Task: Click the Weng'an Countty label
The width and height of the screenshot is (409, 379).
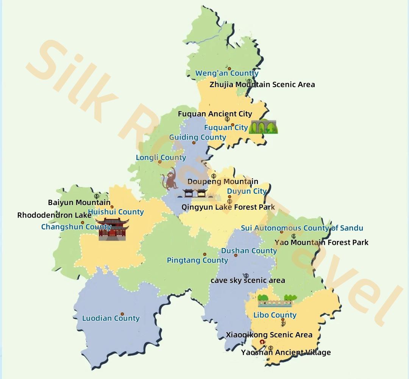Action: tap(227, 73)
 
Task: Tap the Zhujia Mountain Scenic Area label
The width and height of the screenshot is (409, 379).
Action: tap(262, 85)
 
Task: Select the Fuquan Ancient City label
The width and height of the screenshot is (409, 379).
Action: tap(215, 114)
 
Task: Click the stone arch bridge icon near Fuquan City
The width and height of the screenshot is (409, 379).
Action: tap(263, 127)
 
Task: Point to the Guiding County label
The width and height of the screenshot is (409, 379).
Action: tap(197, 137)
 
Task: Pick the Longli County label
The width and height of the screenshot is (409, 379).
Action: tap(161, 158)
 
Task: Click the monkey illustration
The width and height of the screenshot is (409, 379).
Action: tap(170, 180)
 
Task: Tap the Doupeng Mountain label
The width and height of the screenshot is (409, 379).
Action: tap(223, 182)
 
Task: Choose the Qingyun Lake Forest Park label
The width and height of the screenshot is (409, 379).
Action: tap(228, 207)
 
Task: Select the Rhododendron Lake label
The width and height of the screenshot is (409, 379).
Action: tap(54, 215)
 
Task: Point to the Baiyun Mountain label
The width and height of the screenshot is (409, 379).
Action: tap(79, 203)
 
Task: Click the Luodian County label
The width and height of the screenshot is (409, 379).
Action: tap(111, 318)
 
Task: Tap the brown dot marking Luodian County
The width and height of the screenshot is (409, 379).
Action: tap(122, 314)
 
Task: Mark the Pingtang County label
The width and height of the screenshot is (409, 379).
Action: tap(197, 260)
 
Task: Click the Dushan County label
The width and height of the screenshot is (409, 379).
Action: tap(249, 251)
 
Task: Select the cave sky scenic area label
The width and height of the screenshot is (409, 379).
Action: tap(248, 281)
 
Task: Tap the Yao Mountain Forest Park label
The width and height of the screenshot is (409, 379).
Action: tap(321, 242)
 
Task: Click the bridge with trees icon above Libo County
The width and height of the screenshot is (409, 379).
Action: tap(275, 301)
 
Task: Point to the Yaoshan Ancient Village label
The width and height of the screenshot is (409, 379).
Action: tap(286, 353)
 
